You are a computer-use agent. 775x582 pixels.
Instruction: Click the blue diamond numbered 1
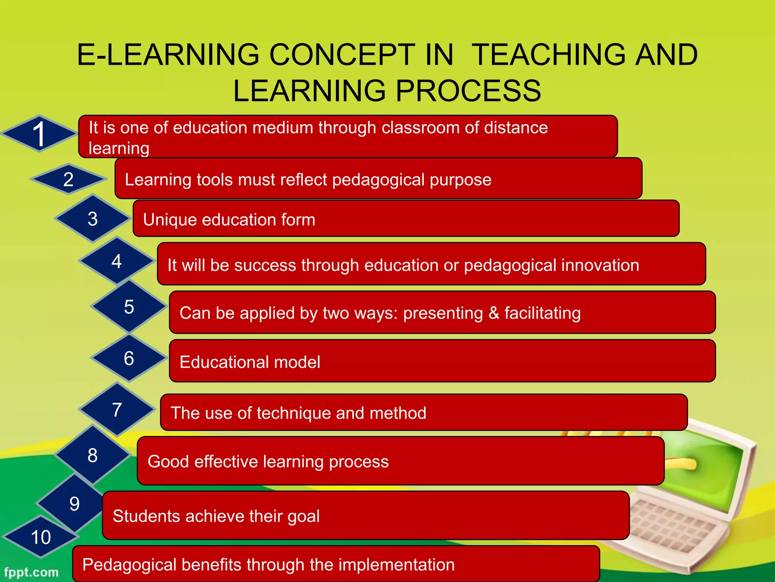pos(39,134)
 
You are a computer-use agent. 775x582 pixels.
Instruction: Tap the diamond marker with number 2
pos(68,179)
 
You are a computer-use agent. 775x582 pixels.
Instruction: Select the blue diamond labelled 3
pos(93,219)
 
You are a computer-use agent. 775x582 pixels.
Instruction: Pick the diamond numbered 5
pos(129,307)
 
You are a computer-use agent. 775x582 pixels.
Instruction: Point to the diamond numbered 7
pos(117,410)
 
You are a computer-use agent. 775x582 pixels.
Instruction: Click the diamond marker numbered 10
pos(40,537)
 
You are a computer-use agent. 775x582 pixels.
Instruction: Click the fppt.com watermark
pos(31,572)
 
